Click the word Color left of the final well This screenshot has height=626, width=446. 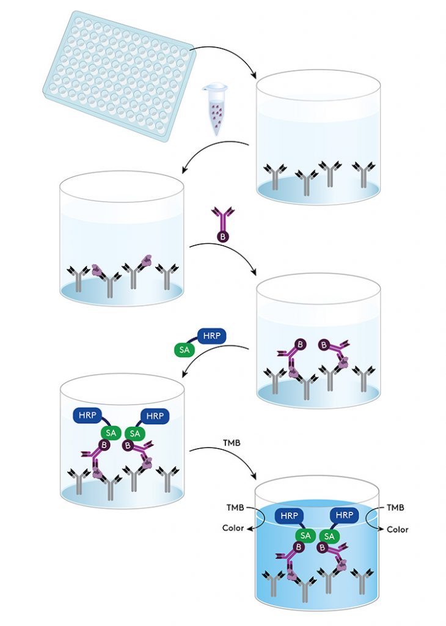click(233, 528)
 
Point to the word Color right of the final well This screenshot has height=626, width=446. click(397, 529)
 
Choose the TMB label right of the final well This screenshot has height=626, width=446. click(395, 507)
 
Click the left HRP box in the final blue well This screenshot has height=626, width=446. click(290, 515)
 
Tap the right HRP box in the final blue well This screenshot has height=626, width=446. click(345, 515)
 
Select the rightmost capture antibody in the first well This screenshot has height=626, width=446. click(364, 174)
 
